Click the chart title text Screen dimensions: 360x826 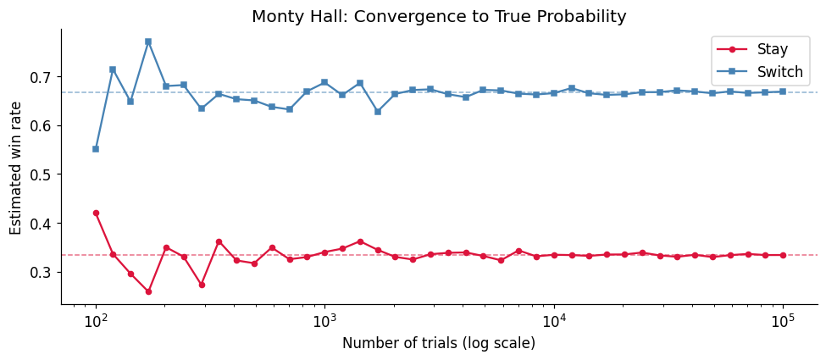click(439, 17)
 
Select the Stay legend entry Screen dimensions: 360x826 click(772, 49)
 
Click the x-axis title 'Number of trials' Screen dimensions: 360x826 click(439, 343)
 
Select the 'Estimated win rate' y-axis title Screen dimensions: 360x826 click(17, 166)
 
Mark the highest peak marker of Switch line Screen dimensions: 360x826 click(148, 42)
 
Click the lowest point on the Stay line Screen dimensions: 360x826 click(148, 291)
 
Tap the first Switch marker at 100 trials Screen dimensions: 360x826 click(96, 149)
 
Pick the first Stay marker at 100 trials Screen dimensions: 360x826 click(96, 213)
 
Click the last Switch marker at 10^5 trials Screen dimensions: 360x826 click(783, 91)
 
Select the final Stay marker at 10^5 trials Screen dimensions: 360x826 click(783, 255)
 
